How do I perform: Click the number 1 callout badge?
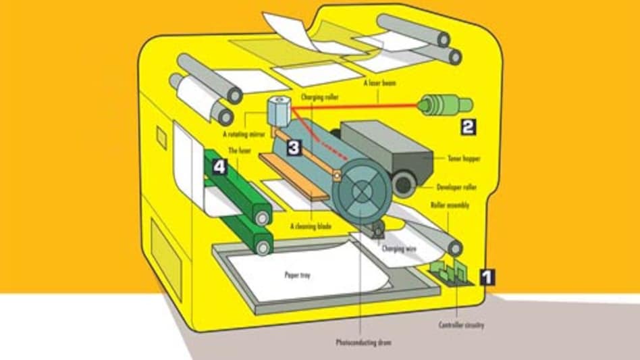pos(487,276)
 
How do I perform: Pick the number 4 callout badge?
pos(219,167)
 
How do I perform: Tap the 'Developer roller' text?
pos(450,184)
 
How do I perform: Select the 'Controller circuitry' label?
pos(461,326)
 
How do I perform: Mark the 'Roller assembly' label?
pos(450,203)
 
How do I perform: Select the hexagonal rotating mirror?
pos(277,108)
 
